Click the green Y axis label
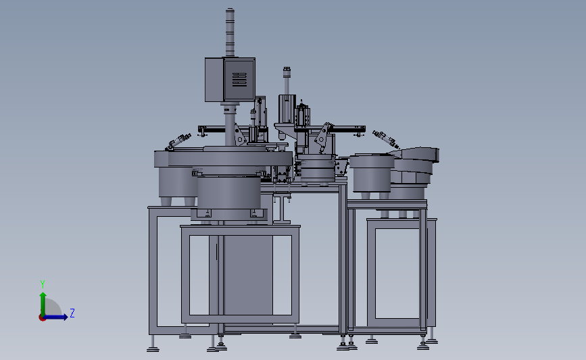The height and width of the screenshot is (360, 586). (x=43, y=284)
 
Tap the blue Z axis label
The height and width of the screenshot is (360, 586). (x=72, y=313)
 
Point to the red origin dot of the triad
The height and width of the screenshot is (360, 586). (x=42, y=318)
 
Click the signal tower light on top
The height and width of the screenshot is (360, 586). (x=230, y=32)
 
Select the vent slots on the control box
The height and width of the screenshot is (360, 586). (x=239, y=80)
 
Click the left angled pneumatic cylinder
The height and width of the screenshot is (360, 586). (x=178, y=142)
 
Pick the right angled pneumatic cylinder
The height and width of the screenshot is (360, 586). (x=386, y=139)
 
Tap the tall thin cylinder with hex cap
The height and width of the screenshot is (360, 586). (x=287, y=80)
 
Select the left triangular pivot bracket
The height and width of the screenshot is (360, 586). (x=239, y=135)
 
